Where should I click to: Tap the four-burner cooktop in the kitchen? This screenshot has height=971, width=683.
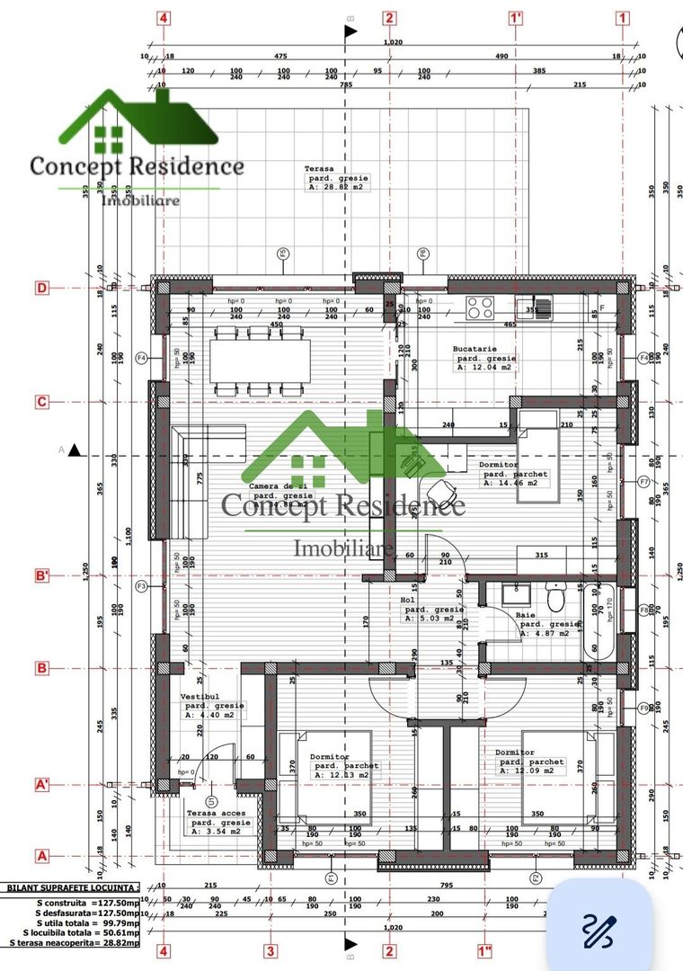(x=481, y=307)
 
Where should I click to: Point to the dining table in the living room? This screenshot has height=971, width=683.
(x=261, y=360)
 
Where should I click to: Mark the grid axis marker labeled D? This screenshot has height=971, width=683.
(x=41, y=288)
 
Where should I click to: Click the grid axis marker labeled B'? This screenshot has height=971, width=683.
(x=41, y=575)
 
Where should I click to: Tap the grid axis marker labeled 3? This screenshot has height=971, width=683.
(x=270, y=950)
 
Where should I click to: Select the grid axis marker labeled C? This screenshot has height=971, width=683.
(x=41, y=402)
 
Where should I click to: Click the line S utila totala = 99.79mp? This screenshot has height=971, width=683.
(x=87, y=922)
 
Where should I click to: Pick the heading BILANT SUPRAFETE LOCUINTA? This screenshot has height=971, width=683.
(x=72, y=887)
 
